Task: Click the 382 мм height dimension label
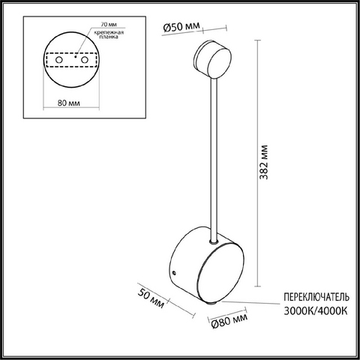[x=264, y=162]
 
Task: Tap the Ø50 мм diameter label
[x=181, y=26]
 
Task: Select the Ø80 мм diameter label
[x=229, y=320]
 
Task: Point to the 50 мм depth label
[x=151, y=298]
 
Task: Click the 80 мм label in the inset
[x=69, y=103]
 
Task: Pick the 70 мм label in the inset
[x=109, y=25]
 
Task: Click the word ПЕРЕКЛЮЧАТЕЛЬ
[x=316, y=298]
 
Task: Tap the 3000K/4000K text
[x=316, y=311]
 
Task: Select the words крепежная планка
[x=109, y=34]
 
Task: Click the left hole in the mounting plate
[x=59, y=60]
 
